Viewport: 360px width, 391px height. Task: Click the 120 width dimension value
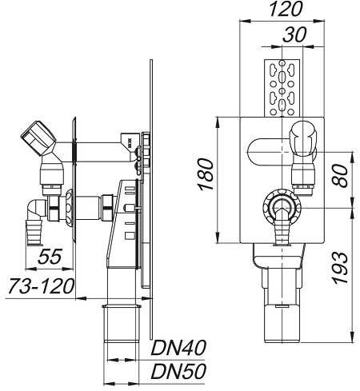pos(286,10)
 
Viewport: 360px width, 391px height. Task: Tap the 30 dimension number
pos(294,34)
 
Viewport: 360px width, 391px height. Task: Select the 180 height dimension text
pos(206,174)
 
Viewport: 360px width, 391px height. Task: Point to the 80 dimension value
pos(340,176)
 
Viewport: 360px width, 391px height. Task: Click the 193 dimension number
pos(340,268)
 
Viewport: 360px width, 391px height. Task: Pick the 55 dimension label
pos(50,257)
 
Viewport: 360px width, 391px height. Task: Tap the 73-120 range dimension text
pos(41,286)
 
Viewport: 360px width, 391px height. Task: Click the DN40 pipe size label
pos(178,348)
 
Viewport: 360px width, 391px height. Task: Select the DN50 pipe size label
pos(178,371)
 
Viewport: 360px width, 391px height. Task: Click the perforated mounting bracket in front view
pos(282,88)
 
